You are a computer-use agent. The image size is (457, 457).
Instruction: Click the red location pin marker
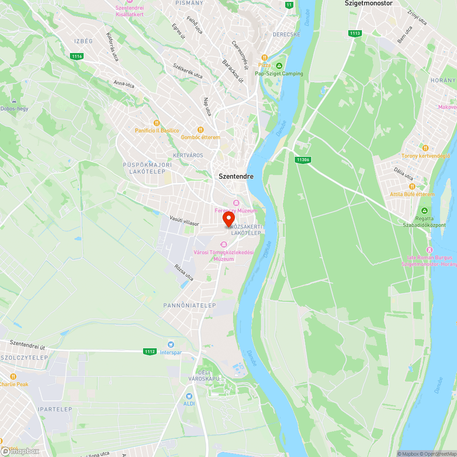228,219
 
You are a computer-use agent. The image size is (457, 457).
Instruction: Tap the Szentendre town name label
236,176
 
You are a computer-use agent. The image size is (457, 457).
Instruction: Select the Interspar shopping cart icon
171,344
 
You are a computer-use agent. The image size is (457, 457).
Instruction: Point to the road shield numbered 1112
150,351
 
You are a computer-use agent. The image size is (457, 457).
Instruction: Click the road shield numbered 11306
301,159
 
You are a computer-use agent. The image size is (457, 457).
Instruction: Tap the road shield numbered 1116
77,56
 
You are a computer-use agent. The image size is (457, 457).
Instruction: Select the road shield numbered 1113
354,33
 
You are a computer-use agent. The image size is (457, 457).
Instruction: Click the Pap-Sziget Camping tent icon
279,65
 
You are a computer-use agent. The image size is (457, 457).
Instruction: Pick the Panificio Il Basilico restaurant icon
156,122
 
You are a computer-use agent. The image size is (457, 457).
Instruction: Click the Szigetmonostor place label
368,3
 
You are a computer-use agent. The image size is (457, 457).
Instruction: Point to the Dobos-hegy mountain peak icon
14,101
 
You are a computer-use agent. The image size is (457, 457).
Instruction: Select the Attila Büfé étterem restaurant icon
412,186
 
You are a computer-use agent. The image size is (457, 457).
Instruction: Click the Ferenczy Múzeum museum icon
236,202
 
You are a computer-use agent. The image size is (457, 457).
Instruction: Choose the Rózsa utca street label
184,272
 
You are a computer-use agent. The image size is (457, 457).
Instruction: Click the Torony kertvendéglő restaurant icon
425,148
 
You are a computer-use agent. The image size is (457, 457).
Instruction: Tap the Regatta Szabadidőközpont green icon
425,210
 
